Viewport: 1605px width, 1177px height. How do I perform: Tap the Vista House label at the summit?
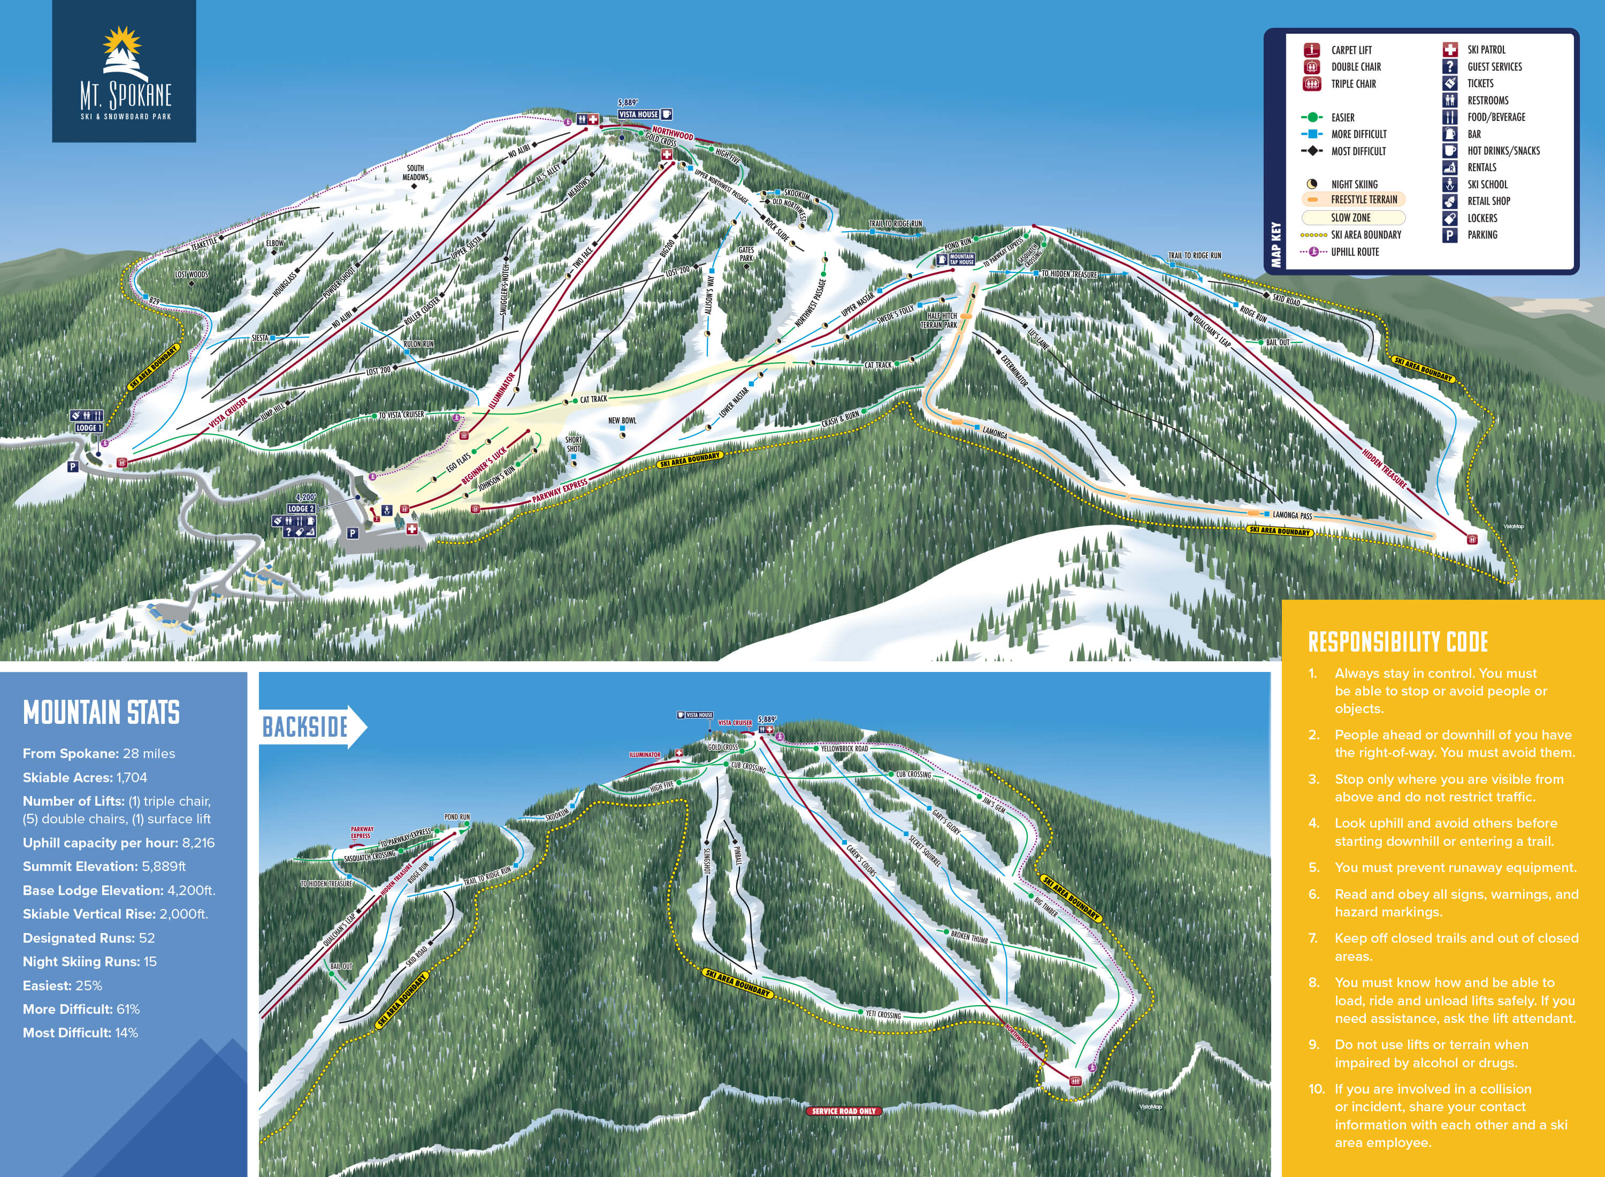tap(638, 114)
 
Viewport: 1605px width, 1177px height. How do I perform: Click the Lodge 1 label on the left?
tap(88, 427)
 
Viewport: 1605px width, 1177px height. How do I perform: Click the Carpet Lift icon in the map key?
tap(1311, 50)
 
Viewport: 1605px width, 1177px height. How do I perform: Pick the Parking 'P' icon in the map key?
tap(1449, 235)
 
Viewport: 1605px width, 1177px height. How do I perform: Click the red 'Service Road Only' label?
tap(844, 1111)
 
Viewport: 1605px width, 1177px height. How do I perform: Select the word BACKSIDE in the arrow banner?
tap(305, 728)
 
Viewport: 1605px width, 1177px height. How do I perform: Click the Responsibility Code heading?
tap(1398, 642)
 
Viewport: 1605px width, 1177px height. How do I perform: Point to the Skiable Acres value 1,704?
tap(132, 777)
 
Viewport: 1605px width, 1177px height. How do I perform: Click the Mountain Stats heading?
tap(101, 713)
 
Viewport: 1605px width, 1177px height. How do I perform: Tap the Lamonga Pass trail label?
tap(1291, 515)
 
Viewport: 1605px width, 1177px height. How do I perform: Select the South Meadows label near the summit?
tap(415, 172)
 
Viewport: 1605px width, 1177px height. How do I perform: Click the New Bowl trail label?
tap(622, 421)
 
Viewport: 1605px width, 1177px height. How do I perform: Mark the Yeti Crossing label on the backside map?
tap(883, 1014)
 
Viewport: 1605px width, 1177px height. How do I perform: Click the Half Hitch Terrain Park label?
tap(938, 320)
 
